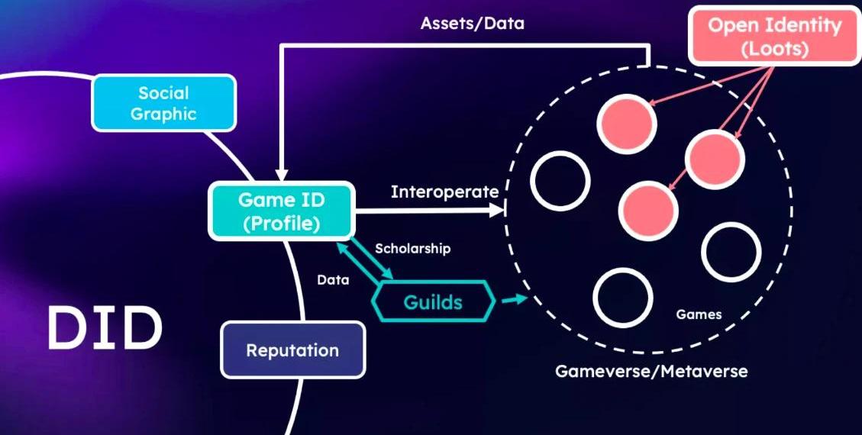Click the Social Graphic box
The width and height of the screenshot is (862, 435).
pyautogui.click(x=163, y=103)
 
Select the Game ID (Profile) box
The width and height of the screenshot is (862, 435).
pyautogui.click(x=281, y=211)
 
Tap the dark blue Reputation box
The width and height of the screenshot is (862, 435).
pyautogui.click(x=292, y=350)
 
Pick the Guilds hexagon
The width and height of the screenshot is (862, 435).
pyautogui.click(x=432, y=301)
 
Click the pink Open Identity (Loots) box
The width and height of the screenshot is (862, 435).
pyautogui.click(x=773, y=37)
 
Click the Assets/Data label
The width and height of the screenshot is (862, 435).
pyautogui.click(x=473, y=23)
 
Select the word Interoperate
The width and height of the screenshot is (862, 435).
pyautogui.click(x=444, y=192)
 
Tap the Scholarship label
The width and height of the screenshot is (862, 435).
pyautogui.click(x=412, y=249)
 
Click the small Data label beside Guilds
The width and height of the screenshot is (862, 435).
pyautogui.click(x=333, y=280)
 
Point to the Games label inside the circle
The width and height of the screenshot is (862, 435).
pyautogui.click(x=699, y=314)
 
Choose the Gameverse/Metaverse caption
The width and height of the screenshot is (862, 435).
pyautogui.click(x=651, y=372)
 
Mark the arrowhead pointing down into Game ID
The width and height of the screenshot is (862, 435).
pyautogui.click(x=282, y=176)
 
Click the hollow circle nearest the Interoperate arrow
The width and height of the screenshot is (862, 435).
pyautogui.click(x=560, y=181)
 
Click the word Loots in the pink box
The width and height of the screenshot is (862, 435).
pyautogui.click(x=773, y=50)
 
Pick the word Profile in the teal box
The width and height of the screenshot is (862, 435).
pyautogui.click(x=281, y=224)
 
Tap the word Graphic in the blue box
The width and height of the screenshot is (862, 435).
pyautogui.click(x=163, y=114)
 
